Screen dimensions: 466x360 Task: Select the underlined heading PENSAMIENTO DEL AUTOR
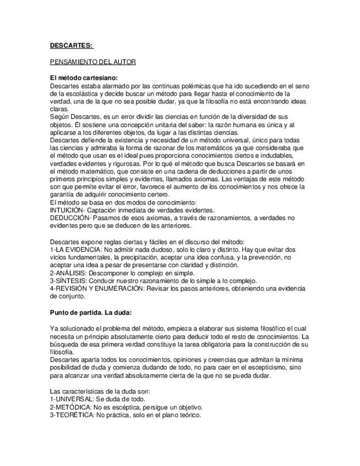[92, 62]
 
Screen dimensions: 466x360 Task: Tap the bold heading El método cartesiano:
[84, 78]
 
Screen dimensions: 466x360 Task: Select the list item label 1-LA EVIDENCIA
[75, 249]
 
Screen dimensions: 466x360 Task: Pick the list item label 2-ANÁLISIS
[69, 273]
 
